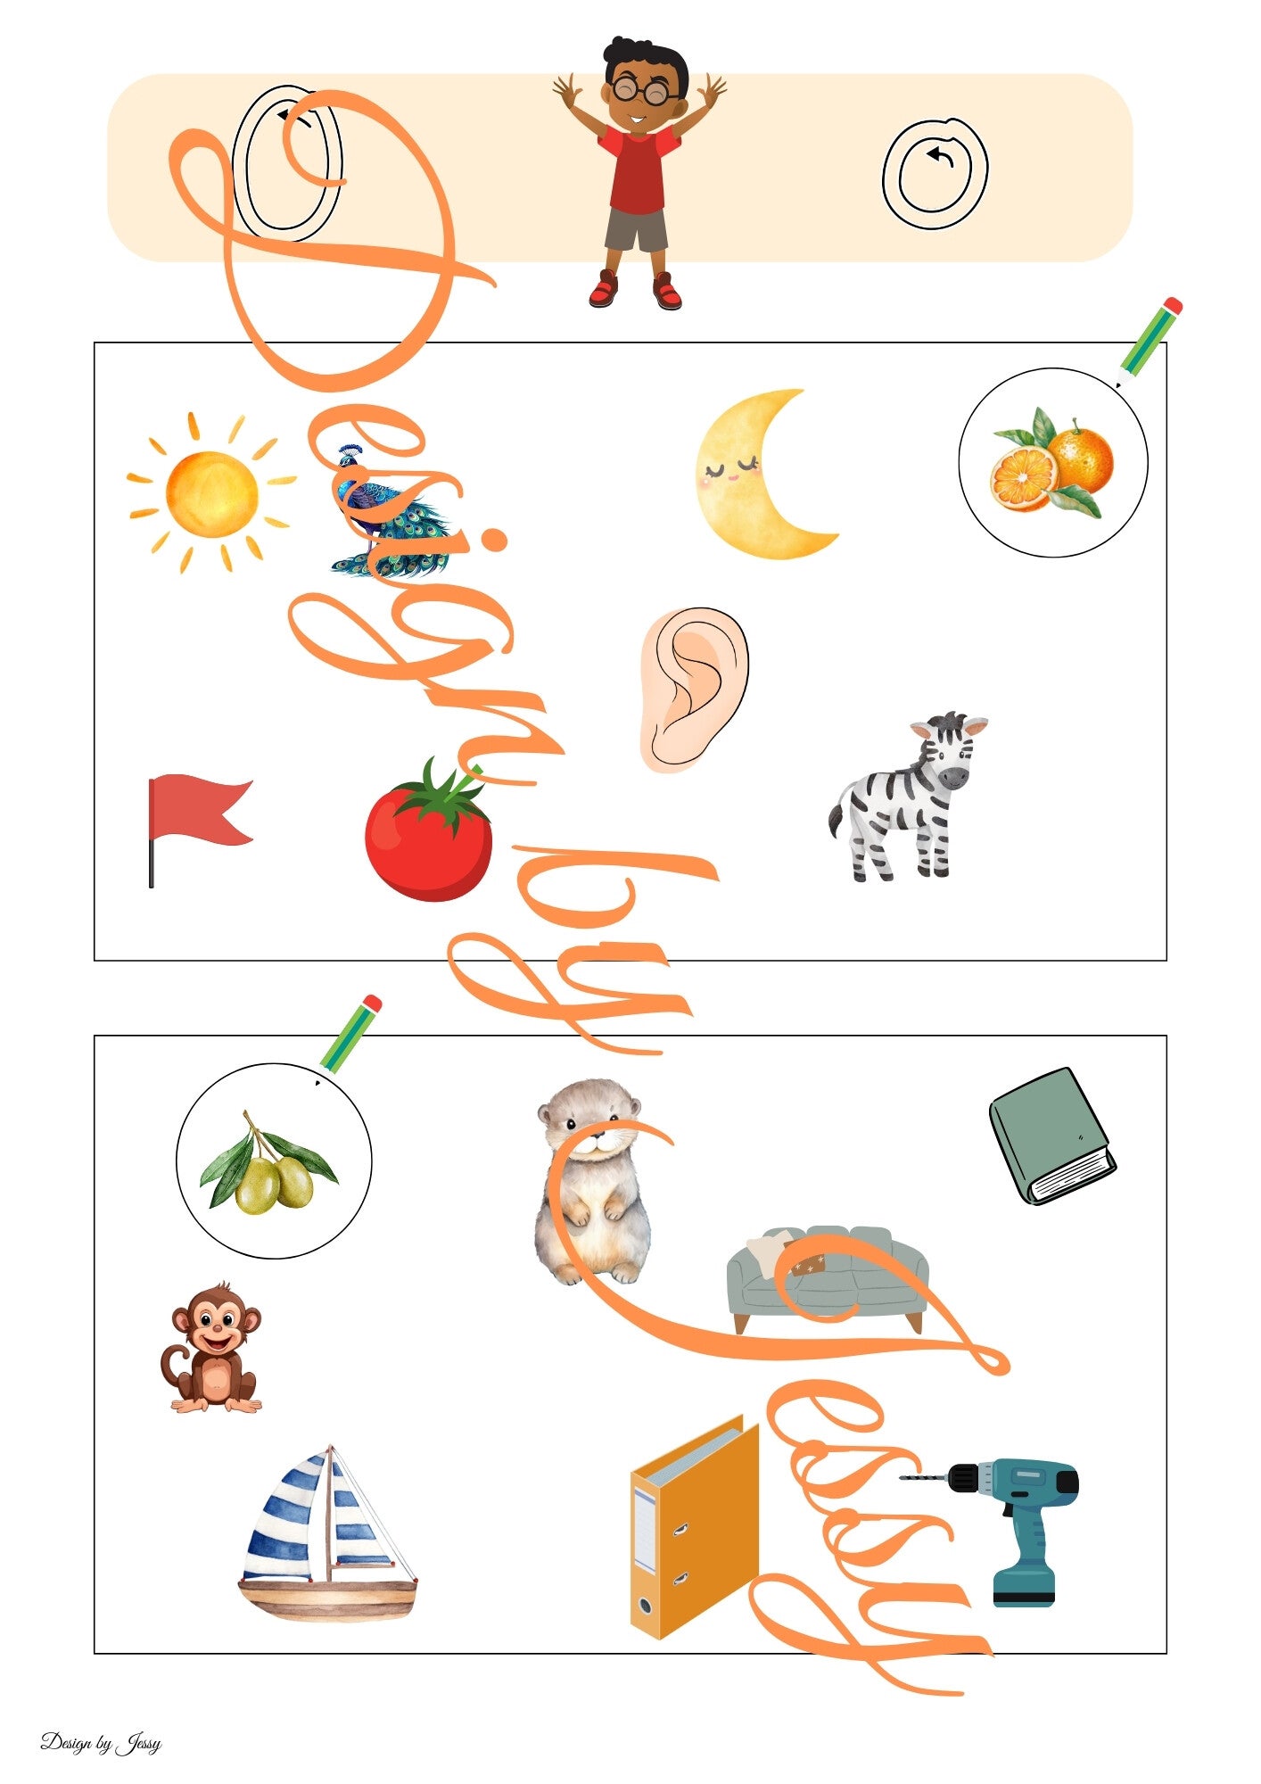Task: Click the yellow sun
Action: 211,493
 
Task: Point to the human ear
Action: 694,689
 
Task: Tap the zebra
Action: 907,797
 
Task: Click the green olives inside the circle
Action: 268,1162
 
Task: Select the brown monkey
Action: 213,1347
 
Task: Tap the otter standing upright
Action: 591,1181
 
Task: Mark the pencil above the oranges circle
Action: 1149,342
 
